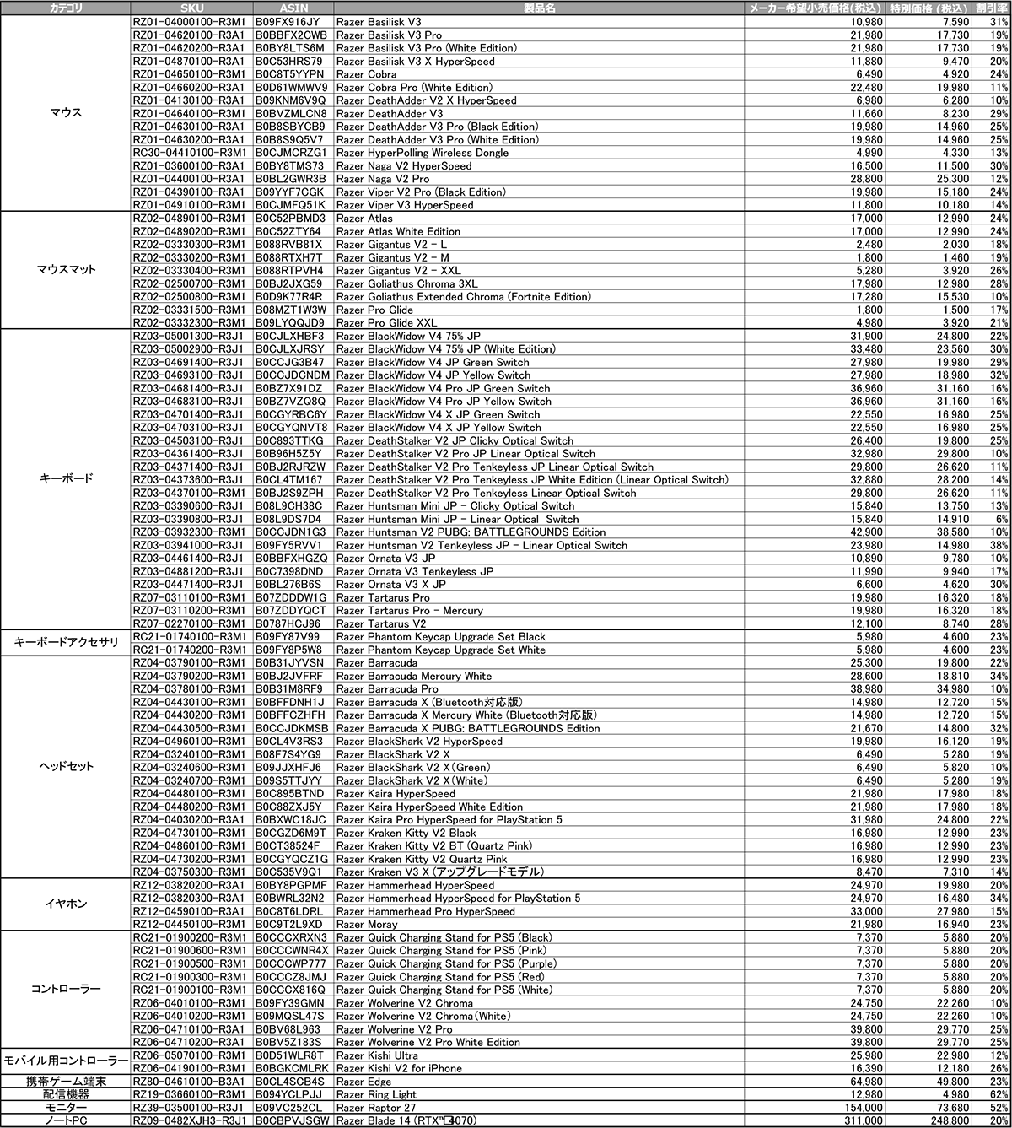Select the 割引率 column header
[993, 8]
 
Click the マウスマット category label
[67, 270]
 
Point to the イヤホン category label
[67, 904]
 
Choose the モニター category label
[67, 1107]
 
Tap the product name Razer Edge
[363, 1082]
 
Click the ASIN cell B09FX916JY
[287, 22]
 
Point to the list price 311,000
[860, 1120]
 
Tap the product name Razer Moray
[367, 925]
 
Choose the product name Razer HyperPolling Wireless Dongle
[422, 153]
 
